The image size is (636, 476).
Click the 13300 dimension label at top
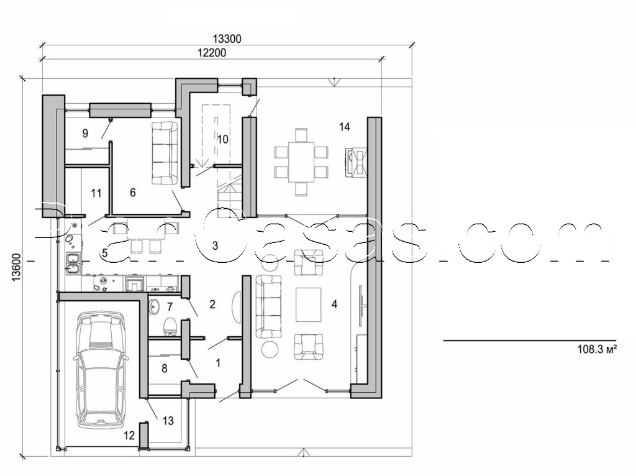click(227, 39)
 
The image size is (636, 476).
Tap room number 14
click(345, 127)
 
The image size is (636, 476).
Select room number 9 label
click(86, 132)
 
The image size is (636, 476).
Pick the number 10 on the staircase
click(222, 139)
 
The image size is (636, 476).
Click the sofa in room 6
click(165, 152)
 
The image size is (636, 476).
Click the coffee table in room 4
click(309, 304)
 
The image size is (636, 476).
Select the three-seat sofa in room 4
click(269, 307)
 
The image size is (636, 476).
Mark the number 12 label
click(129, 436)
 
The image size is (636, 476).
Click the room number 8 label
click(164, 368)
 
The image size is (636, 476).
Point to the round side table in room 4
click(271, 349)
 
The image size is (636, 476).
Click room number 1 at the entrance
click(217, 361)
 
